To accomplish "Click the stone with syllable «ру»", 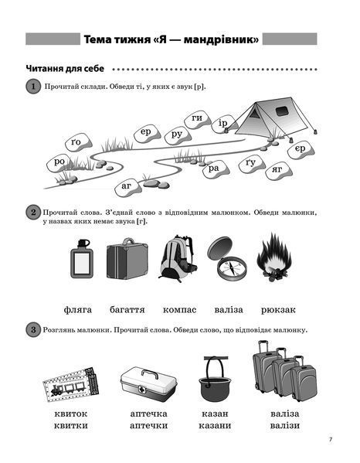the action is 177,136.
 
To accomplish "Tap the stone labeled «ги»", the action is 198,119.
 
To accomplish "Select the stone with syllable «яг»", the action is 278,171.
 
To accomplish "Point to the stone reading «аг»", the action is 127,187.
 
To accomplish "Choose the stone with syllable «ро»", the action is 59,162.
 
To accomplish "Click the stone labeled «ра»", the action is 215,169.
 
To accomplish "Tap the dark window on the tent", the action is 283,111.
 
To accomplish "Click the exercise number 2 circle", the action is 32,213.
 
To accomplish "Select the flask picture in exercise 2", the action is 81,258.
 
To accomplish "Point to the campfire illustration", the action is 273,257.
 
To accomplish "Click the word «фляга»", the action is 78,310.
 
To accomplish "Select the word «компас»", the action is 179,310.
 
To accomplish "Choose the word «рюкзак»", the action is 278,310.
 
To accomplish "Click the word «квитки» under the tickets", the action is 71,425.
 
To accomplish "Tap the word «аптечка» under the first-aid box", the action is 149,414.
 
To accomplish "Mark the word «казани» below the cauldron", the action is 215,425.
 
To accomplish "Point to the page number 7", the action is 331,440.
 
